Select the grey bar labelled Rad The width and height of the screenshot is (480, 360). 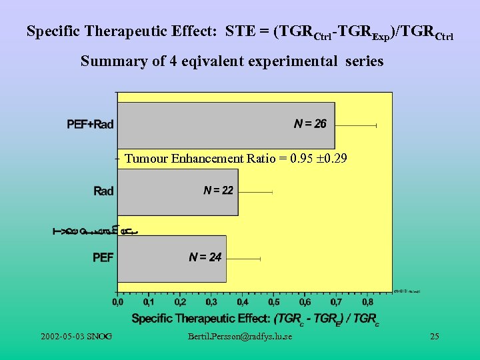[x=177, y=192]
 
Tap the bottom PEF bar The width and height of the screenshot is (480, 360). [x=171, y=258]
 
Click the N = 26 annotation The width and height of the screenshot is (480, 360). [x=310, y=124]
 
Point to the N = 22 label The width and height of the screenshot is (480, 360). [x=218, y=191]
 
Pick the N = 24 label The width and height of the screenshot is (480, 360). [x=205, y=257]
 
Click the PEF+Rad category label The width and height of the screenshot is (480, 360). [x=90, y=125]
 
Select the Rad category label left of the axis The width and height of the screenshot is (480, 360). [x=103, y=191]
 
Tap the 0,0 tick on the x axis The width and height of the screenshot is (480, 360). [x=117, y=303]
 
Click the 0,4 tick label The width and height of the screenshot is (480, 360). [x=242, y=303]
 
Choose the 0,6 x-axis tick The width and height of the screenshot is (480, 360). [x=304, y=303]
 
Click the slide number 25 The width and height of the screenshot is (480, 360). [x=434, y=336]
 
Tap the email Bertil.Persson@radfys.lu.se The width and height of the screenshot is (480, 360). [x=240, y=336]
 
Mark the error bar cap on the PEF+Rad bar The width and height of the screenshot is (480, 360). [x=377, y=125]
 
